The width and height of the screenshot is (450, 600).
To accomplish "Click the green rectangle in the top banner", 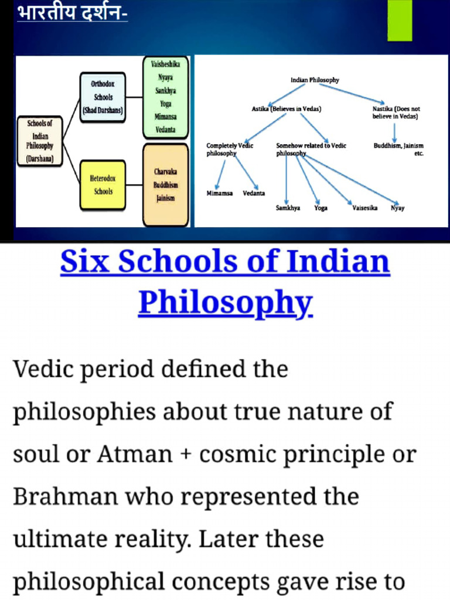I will point(400,21).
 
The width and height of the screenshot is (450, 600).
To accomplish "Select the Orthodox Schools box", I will point(103,97).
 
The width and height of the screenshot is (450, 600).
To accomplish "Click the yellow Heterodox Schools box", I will point(103,184).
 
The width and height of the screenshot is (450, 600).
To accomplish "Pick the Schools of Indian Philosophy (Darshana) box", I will point(40,141).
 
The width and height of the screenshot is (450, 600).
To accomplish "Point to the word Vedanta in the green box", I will point(165,129).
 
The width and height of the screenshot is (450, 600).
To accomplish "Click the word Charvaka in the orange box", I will point(166,172).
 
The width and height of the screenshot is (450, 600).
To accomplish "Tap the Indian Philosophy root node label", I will point(315,80).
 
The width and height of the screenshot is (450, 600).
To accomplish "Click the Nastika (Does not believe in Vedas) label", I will point(396,112).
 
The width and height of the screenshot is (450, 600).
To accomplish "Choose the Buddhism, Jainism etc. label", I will point(398,149).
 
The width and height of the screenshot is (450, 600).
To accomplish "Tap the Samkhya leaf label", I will point(288,207).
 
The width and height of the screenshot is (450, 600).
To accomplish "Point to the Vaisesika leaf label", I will point(364,207).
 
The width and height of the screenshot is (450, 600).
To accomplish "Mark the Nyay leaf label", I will point(398,207).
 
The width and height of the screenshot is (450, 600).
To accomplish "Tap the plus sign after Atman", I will point(183,455).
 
